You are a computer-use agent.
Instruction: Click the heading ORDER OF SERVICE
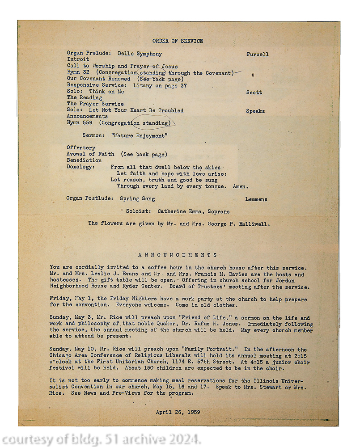[x=178, y=41]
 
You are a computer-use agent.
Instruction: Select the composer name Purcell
[x=257, y=55]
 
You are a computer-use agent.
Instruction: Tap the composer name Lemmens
[x=256, y=199]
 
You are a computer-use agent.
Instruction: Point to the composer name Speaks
[x=255, y=111]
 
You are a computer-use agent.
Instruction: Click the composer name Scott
[x=254, y=93]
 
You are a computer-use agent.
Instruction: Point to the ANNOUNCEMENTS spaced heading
[x=178, y=255]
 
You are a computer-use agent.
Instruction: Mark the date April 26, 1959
[x=178, y=412]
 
